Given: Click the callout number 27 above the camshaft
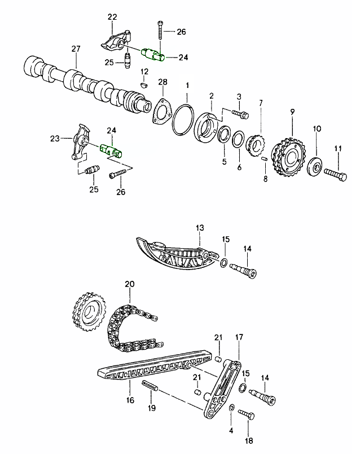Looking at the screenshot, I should pos(76,50).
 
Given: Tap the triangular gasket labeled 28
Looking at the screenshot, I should pos(161,111).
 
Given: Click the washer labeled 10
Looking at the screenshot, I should pos(316,166).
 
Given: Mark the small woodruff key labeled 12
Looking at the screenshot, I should pos(143,83).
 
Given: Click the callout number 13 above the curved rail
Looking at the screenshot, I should pos(199,228).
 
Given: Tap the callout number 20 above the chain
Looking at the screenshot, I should pos(129,285).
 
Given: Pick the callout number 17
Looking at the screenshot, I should pos(239,338).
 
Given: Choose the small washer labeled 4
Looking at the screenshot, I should pos(231,407).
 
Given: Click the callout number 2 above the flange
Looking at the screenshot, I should pos(211,96).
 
